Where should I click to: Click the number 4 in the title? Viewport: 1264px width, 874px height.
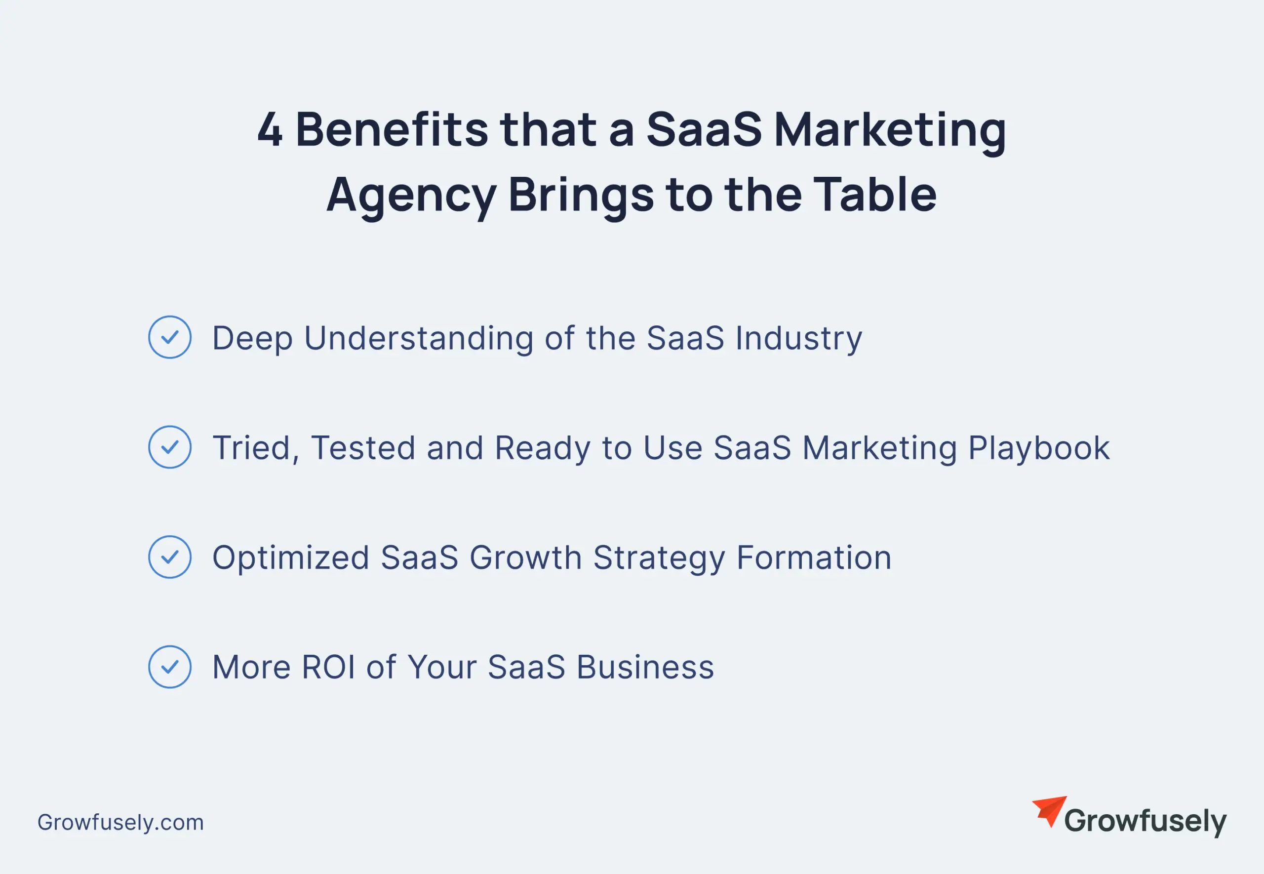tap(270, 130)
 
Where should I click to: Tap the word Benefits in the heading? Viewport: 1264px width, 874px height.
tap(392, 130)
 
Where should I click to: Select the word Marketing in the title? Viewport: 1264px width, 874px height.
tap(890, 130)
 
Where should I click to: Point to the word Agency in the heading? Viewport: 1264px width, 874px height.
tap(411, 196)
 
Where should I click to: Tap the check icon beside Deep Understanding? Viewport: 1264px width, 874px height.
tap(170, 337)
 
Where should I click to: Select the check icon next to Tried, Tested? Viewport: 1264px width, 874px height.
tap(170, 447)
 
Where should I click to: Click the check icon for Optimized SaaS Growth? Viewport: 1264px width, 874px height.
tap(170, 557)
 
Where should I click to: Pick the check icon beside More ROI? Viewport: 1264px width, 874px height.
tap(170, 667)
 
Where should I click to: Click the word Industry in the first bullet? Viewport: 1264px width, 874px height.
tap(799, 338)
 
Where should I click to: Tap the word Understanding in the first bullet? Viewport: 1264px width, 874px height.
tap(419, 338)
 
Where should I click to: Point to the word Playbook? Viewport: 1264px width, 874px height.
tap(1038, 448)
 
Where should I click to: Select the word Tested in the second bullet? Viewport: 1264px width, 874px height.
tap(363, 448)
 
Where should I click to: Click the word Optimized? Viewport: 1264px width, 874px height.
tap(291, 558)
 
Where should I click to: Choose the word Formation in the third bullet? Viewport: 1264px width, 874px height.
tap(814, 557)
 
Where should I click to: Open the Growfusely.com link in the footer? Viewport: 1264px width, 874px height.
tap(120, 822)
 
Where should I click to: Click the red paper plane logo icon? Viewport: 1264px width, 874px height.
tap(1050, 810)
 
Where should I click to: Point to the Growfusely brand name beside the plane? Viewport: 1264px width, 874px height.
tap(1145, 822)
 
